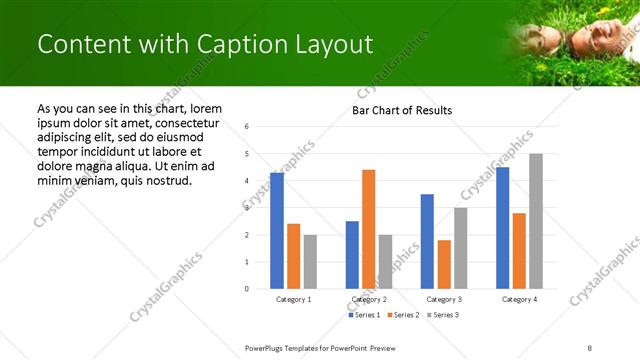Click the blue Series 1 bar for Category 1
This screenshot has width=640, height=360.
(x=277, y=231)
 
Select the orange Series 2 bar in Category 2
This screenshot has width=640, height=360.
(x=369, y=229)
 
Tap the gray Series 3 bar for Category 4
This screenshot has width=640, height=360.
(x=536, y=221)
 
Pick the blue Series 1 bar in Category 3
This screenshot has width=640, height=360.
(x=427, y=241)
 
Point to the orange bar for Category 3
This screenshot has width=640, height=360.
(x=444, y=264)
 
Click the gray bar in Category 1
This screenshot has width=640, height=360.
(x=310, y=262)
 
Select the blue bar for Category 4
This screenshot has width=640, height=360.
(x=502, y=228)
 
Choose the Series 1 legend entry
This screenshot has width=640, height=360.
(x=363, y=315)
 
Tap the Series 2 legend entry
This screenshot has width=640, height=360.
(x=401, y=315)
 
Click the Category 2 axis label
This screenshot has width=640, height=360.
(x=369, y=299)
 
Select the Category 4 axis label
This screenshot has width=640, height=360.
(x=519, y=299)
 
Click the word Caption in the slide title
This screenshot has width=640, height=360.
(x=232, y=44)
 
